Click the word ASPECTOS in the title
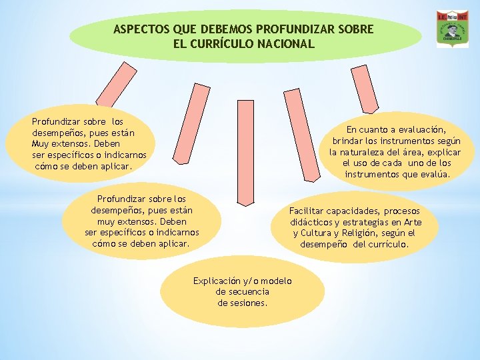[141, 30]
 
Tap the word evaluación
[421, 129]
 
